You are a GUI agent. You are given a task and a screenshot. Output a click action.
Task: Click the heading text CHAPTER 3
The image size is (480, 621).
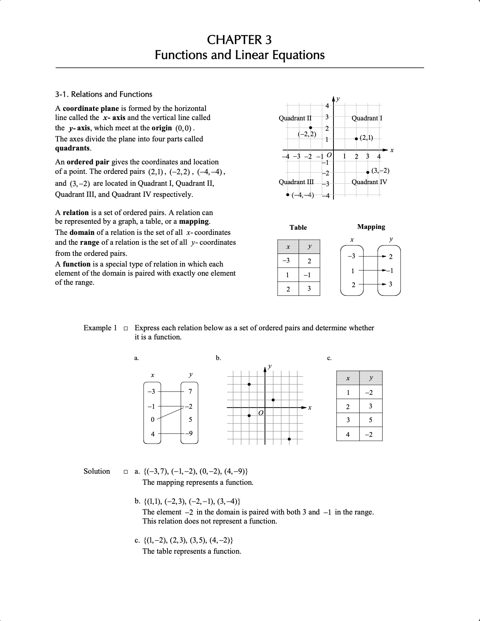(239, 40)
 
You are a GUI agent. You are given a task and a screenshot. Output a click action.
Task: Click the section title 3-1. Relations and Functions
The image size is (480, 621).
(103, 94)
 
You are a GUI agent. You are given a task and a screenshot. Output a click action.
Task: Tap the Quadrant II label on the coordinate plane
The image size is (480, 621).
(295, 118)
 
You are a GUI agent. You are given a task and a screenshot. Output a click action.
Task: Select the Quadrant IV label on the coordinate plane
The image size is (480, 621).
(369, 182)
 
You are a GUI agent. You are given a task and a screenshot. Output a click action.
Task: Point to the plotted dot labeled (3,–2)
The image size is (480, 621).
(368, 172)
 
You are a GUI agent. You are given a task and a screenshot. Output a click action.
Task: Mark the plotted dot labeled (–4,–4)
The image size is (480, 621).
(288, 195)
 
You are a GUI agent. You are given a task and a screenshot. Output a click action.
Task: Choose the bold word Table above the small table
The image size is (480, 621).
(298, 227)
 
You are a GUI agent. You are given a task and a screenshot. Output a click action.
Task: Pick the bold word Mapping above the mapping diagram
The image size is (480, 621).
(371, 227)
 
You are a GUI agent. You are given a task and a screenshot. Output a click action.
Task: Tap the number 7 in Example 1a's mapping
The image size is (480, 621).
(190, 392)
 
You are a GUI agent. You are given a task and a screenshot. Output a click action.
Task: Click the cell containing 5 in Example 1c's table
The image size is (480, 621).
(370, 420)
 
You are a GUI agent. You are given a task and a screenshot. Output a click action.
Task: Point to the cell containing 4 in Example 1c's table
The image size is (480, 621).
(348, 434)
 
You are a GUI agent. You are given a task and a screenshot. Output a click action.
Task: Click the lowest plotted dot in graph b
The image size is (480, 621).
(290, 439)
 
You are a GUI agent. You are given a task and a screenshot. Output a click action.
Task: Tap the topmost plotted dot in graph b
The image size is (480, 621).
(249, 384)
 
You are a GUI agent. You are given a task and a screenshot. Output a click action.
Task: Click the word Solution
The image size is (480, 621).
(97, 471)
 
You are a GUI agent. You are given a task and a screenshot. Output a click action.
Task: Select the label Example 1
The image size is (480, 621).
(100, 328)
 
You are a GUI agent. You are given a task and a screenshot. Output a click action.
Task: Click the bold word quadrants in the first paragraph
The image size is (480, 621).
(72, 149)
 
